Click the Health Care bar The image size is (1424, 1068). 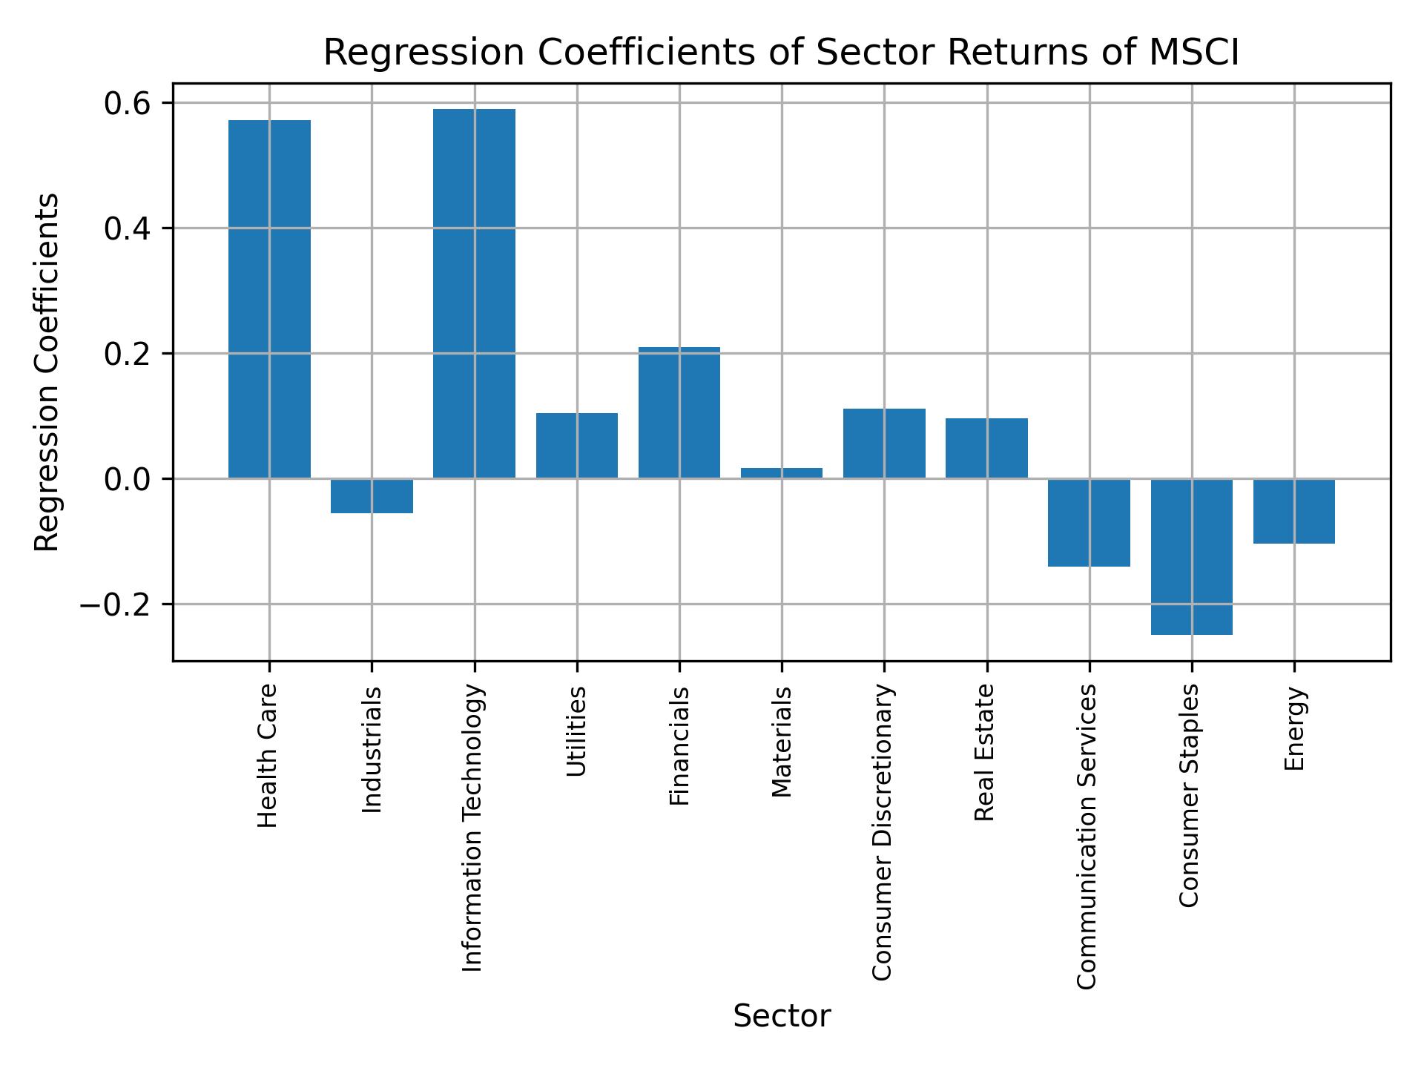[x=269, y=299]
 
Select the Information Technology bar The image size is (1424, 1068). [x=474, y=294]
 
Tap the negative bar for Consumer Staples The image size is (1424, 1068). [x=1191, y=556]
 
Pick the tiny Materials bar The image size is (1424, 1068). [x=782, y=473]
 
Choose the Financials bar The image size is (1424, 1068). [x=679, y=412]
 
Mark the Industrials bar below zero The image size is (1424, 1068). [x=372, y=496]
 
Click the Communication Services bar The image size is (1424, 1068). [x=1089, y=523]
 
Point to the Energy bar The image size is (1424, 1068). [x=1294, y=511]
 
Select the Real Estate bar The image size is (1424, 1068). [x=986, y=448]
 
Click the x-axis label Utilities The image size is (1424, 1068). [x=576, y=731]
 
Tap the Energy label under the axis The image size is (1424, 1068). [x=1294, y=728]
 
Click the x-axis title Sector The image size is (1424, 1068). [x=782, y=1016]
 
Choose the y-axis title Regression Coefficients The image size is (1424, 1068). [x=47, y=372]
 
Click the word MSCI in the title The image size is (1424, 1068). [x=1194, y=53]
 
